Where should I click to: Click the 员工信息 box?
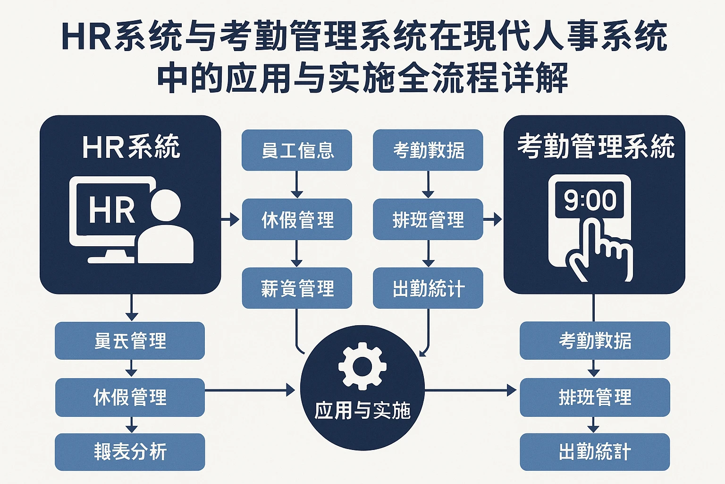click(297, 150)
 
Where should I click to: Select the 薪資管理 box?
click(297, 288)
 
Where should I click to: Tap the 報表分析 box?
click(130, 452)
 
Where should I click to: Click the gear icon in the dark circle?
click(362, 366)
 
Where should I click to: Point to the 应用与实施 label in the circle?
click(362, 410)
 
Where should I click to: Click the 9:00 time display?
click(590, 200)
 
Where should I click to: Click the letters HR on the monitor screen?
click(112, 210)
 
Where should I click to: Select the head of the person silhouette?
click(166, 206)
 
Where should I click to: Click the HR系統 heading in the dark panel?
click(131, 147)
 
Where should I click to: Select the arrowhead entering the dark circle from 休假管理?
click(290, 390)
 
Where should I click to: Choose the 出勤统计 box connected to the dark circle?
click(428, 288)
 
